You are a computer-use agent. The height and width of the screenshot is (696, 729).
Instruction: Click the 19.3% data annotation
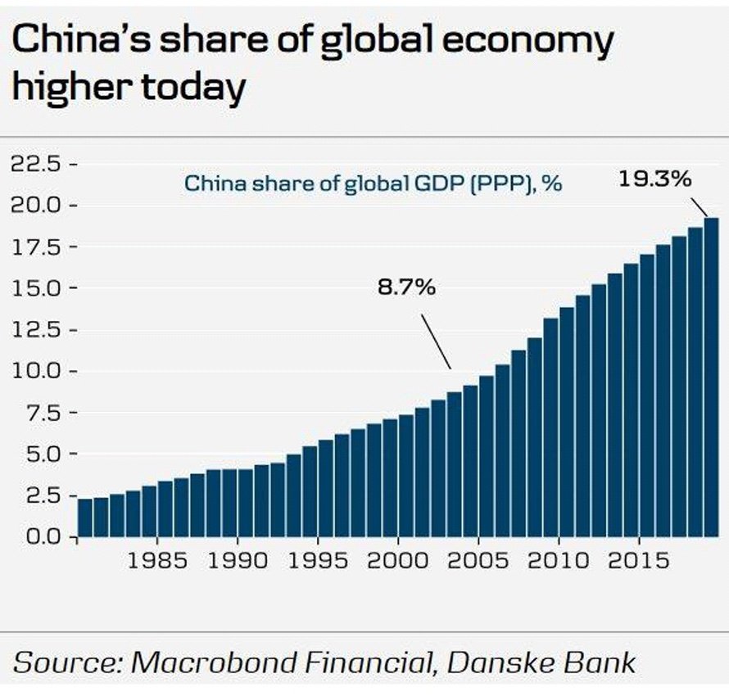(x=654, y=179)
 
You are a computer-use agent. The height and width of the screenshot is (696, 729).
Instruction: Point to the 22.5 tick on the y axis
(x=39, y=164)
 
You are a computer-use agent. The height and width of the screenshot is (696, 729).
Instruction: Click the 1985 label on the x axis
(x=156, y=562)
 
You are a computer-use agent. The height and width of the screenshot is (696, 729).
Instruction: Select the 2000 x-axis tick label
(x=397, y=562)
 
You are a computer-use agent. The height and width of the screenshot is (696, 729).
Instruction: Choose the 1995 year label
(x=317, y=562)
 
